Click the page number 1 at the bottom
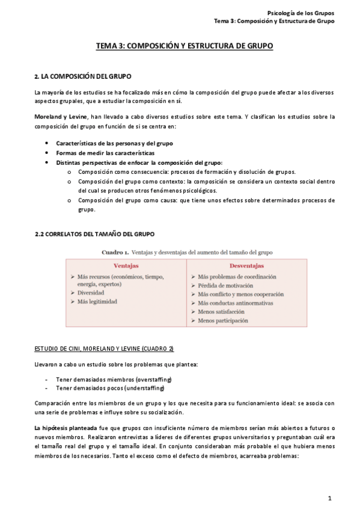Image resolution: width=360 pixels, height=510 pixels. click(330, 498)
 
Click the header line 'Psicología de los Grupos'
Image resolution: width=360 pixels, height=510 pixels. click(301, 13)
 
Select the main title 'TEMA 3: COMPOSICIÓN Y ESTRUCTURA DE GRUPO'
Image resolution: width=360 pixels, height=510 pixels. click(185, 45)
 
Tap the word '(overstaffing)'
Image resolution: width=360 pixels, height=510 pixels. click(150, 379)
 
